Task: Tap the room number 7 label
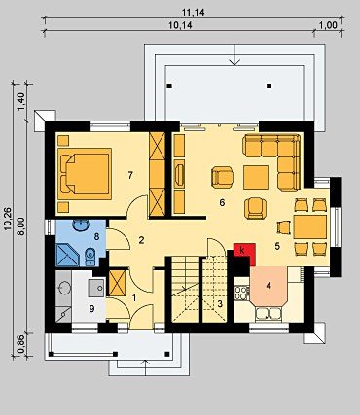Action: [x=130, y=175]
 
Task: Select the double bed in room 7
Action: [x=86, y=174]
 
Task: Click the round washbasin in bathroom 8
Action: [x=81, y=225]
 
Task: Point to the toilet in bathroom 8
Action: [x=90, y=258]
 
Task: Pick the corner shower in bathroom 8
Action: [x=67, y=255]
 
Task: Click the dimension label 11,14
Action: [x=193, y=13]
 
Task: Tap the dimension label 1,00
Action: [x=329, y=25]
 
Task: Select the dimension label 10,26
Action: [x=8, y=219]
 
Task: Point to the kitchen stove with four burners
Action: [x=241, y=293]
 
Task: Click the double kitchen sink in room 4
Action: [x=269, y=314]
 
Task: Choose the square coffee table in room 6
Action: [x=256, y=177]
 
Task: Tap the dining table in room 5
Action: [x=310, y=226]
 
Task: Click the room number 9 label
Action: [x=91, y=309]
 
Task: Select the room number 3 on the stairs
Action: [x=220, y=304]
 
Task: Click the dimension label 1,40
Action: [x=20, y=101]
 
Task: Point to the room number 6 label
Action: [x=222, y=203]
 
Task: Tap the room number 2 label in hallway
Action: [x=141, y=240]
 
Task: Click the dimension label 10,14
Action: [x=180, y=25]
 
